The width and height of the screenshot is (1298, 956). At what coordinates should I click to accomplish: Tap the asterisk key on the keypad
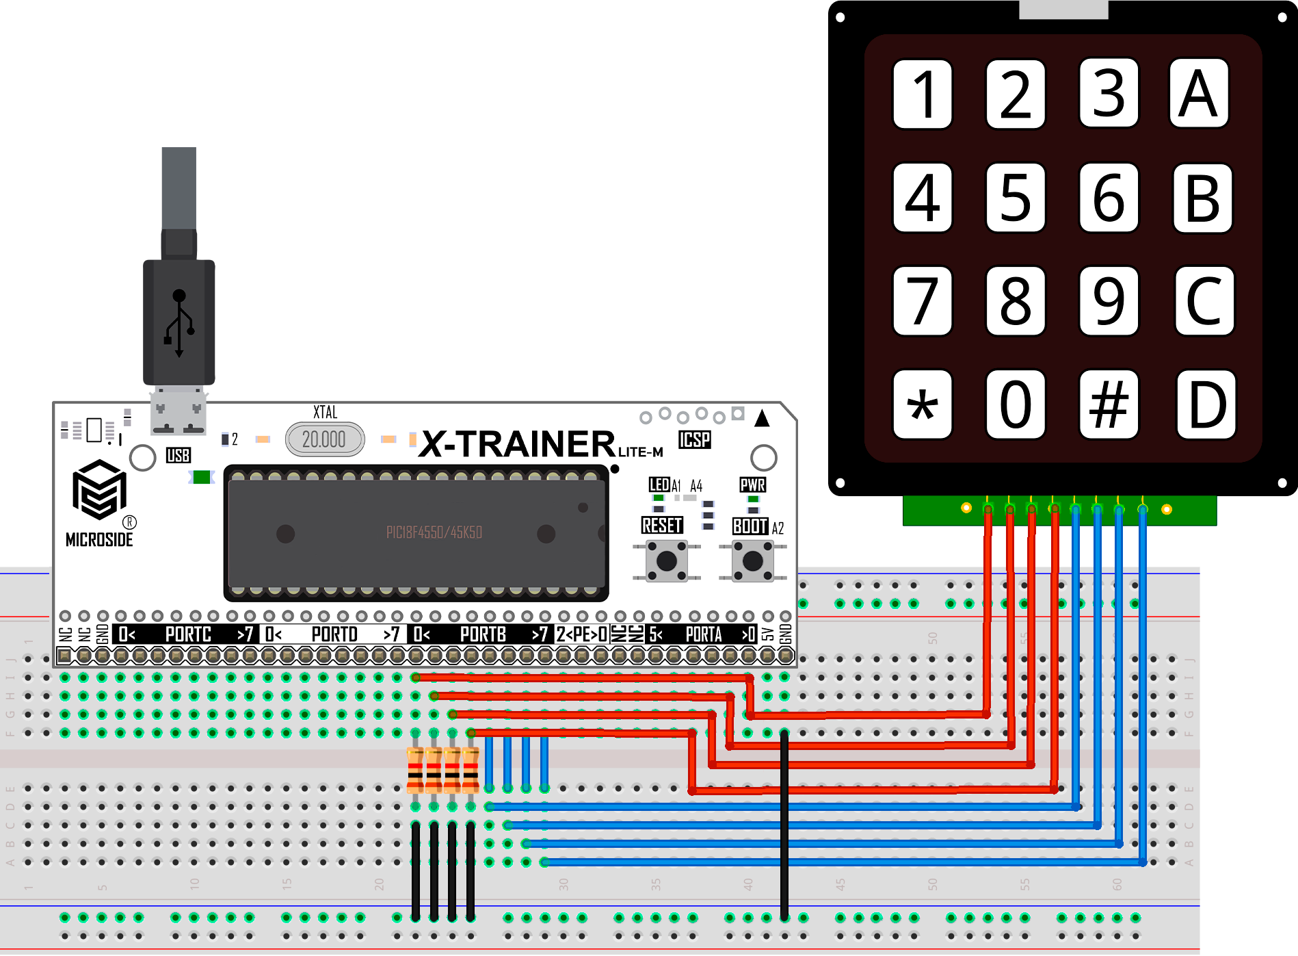(922, 404)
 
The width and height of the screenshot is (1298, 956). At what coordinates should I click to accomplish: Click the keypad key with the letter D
(1206, 404)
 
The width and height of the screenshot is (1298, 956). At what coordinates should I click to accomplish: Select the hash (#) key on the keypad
(1109, 404)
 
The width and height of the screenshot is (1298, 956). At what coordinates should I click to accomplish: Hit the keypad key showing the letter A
(1199, 94)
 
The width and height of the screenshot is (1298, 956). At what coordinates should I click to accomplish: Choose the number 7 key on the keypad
(922, 301)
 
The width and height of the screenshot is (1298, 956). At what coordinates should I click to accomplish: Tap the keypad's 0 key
(1016, 404)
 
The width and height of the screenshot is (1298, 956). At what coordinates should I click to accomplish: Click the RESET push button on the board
(666, 560)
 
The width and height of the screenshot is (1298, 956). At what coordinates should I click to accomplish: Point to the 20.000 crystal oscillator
(325, 439)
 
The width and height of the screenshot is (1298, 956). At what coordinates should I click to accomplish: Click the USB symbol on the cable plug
(179, 322)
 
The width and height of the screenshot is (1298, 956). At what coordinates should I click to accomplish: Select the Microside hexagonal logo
(100, 490)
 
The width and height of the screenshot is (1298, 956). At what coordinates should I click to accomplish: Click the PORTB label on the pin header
(483, 635)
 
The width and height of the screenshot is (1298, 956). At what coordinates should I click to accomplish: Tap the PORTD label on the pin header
(334, 635)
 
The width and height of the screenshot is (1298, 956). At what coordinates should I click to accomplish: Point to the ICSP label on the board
(694, 440)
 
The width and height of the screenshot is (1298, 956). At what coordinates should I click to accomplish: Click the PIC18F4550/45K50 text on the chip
(434, 532)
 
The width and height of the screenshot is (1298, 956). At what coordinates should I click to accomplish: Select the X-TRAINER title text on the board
(519, 444)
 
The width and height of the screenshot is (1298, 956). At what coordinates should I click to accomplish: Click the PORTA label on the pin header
(704, 635)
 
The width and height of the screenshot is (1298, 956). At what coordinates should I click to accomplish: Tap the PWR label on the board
(752, 485)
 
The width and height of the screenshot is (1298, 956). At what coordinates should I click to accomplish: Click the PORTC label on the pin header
(188, 635)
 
